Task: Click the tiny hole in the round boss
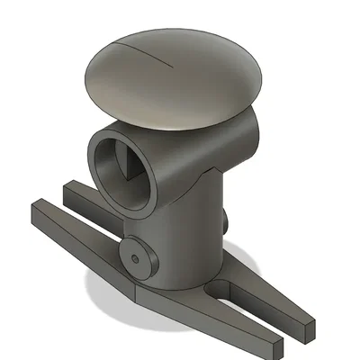click(135, 257)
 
